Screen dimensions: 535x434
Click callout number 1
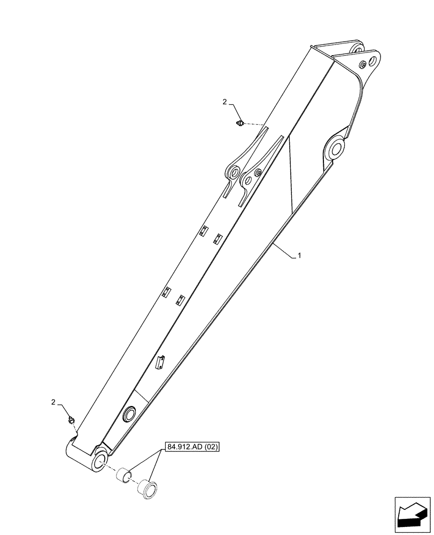point(299,256)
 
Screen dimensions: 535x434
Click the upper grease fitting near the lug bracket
point(240,124)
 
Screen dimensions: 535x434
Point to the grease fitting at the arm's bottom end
point(71,421)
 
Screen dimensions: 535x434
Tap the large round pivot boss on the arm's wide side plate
point(335,148)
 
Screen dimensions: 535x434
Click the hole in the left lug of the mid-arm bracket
point(234,172)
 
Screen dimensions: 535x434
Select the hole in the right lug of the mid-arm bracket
point(248,177)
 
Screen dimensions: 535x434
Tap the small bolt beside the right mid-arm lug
point(259,172)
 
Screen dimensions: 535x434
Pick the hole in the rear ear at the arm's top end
point(355,48)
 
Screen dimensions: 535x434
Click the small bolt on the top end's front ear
point(363,65)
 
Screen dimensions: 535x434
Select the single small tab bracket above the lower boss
point(159,362)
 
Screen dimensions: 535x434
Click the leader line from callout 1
point(283,251)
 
